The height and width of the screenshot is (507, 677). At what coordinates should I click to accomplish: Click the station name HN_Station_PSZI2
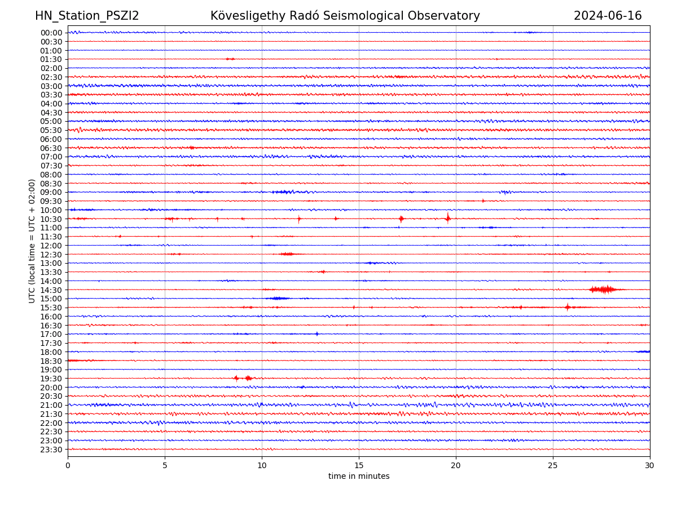point(87,16)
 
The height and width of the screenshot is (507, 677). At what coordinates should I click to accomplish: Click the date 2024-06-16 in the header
point(608,16)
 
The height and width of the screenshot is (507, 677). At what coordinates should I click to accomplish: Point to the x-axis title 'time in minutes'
point(359,476)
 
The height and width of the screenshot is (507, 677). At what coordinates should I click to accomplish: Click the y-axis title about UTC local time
point(32,241)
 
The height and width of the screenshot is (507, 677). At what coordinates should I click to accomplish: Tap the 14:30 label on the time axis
point(51,290)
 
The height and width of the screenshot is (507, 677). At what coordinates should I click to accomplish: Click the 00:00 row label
point(51,33)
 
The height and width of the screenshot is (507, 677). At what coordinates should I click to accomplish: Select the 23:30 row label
point(51,450)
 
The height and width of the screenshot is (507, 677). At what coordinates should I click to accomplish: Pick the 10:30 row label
point(51,219)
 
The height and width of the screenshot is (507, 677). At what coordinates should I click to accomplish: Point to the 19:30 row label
point(51,379)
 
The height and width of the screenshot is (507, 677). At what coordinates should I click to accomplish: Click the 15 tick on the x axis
point(359,466)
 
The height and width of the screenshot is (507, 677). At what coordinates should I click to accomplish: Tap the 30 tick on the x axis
point(650,466)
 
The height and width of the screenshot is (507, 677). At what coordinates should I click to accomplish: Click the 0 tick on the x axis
point(68,466)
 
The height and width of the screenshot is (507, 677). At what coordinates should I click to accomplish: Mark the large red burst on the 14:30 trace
point(605,290)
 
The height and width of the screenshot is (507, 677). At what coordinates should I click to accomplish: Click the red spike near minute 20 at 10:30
point(448,218)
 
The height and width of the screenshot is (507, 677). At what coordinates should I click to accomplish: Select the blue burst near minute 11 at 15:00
point(278,298)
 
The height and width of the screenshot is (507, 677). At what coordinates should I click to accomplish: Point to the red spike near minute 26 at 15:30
point(568,307)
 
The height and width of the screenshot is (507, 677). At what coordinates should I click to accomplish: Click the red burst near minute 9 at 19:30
point(247,378)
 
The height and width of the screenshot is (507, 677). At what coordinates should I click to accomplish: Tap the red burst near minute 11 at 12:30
point(287,254)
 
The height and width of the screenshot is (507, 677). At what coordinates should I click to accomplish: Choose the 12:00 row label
point(51,246)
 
